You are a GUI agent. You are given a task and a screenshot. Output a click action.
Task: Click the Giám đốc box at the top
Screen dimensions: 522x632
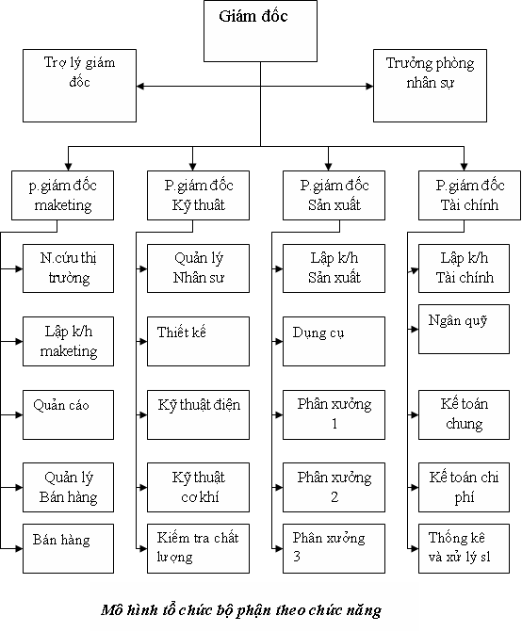[x=260, y=31]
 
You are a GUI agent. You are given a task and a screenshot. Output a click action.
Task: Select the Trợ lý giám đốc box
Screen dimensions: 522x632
[x=79, y=86]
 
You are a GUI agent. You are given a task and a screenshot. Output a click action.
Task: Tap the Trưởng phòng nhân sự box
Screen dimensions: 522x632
[x=430, y=86]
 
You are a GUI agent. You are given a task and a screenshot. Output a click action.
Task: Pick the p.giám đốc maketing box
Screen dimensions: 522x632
[x=62, y=196]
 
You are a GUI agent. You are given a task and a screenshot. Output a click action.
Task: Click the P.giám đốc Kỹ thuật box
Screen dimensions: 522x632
[x=198, y=196]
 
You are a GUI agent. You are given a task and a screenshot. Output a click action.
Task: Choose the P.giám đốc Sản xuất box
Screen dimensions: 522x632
[x=334, y=196]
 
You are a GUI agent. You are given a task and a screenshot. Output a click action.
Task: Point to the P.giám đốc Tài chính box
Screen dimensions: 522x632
[x=469, y=196]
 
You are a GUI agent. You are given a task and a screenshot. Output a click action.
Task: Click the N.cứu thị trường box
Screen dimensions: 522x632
[x=68, y=268]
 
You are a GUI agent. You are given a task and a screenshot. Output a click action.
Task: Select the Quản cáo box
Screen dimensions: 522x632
[x=68, y=414]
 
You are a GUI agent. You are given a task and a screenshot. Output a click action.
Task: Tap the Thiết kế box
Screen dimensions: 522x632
[x=198, y=341]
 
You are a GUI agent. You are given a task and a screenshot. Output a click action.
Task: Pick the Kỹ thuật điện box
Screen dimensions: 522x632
[x=198, y=414]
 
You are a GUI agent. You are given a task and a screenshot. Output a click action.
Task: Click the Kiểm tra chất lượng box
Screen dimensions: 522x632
[x=198, y=548]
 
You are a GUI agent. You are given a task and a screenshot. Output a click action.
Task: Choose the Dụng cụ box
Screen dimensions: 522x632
[x=334, y=341]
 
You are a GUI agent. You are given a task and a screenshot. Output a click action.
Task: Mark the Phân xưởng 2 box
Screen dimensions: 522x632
[x=334, y=487]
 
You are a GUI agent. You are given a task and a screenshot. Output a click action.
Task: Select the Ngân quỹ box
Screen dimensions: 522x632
[x=464, y=330]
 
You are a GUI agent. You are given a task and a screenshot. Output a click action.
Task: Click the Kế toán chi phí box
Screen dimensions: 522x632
[x=464, y=487]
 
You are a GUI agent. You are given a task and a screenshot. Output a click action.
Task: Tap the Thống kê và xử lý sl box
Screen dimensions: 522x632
[x=464, y=548]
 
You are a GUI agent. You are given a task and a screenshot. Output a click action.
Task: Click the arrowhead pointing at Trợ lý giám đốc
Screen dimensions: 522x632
[x=140, y=86]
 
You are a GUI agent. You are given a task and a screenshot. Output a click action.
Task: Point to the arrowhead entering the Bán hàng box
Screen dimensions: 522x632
[x=19, y=548]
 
